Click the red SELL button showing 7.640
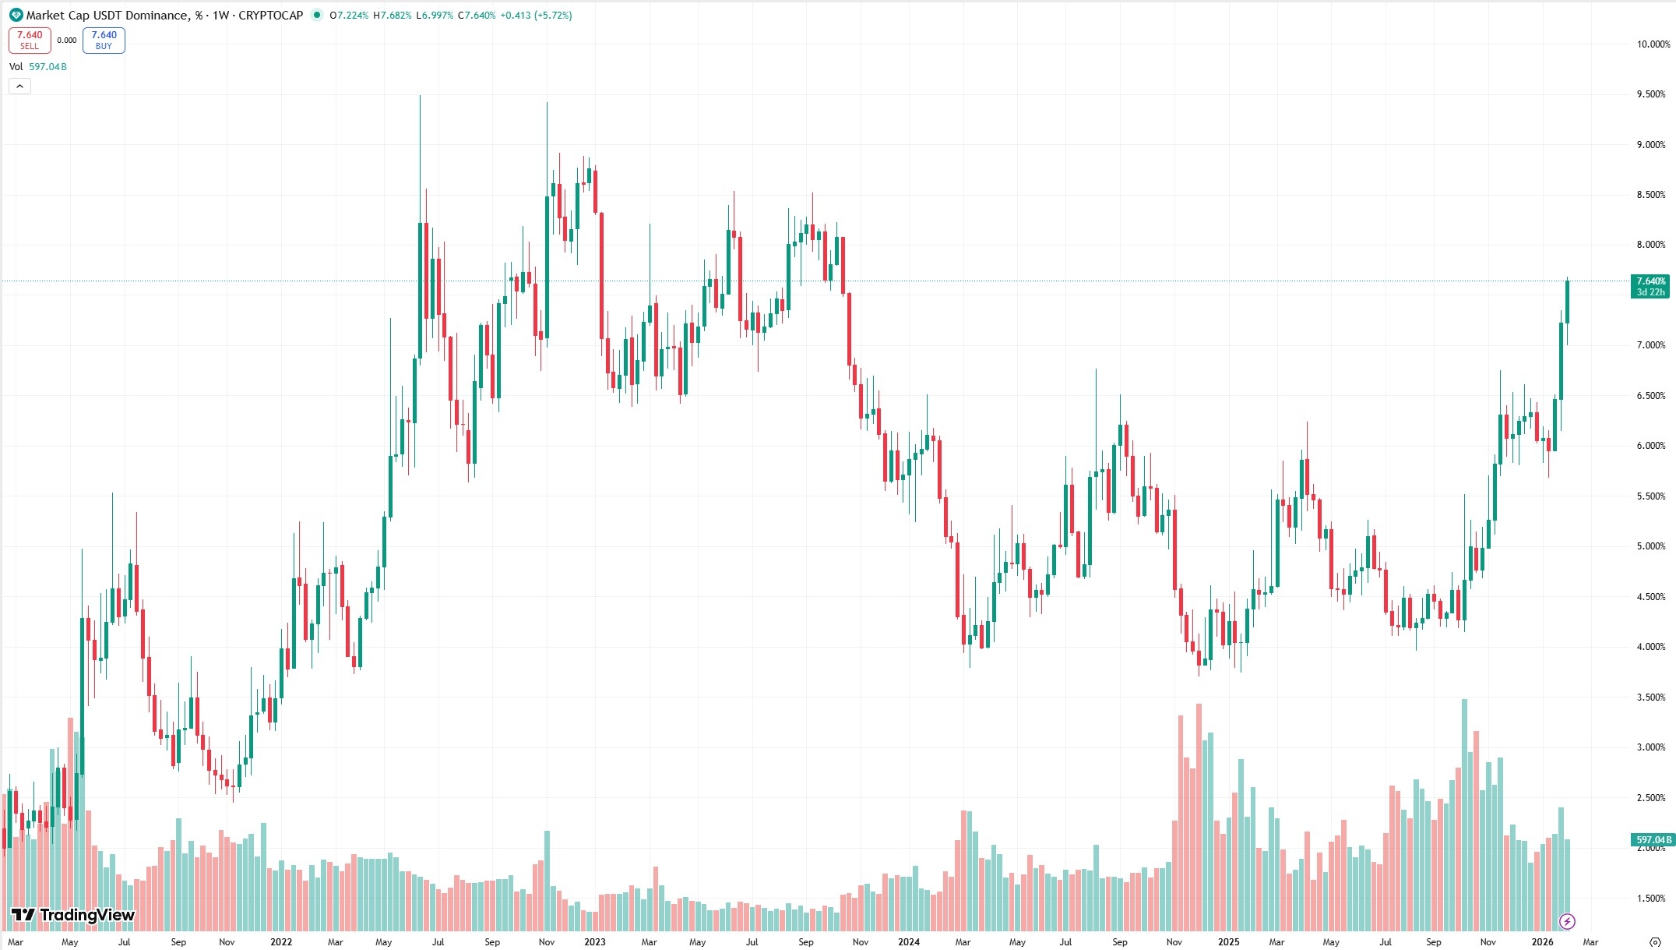(30, 40)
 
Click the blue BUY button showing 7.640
(104, 40)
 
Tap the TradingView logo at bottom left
(73, 915)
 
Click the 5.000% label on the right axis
(1650, 546)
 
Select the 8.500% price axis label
(1650, 195)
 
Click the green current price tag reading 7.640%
(1650, 286)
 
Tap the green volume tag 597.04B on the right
(1652, 839)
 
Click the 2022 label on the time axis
(281, 941)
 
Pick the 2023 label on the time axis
(594, 941)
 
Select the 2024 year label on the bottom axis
(908, 941)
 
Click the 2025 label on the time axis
(1228, 941)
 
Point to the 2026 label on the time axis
(1542, 941)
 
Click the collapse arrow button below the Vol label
(19, 86)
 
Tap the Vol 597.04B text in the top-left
(38, 67)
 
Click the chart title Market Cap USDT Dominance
(107, 16)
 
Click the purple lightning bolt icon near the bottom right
(1567, 922)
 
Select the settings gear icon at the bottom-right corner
(1655, 941)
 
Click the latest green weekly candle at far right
(1567, 302)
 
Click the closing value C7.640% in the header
(477, 16)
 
